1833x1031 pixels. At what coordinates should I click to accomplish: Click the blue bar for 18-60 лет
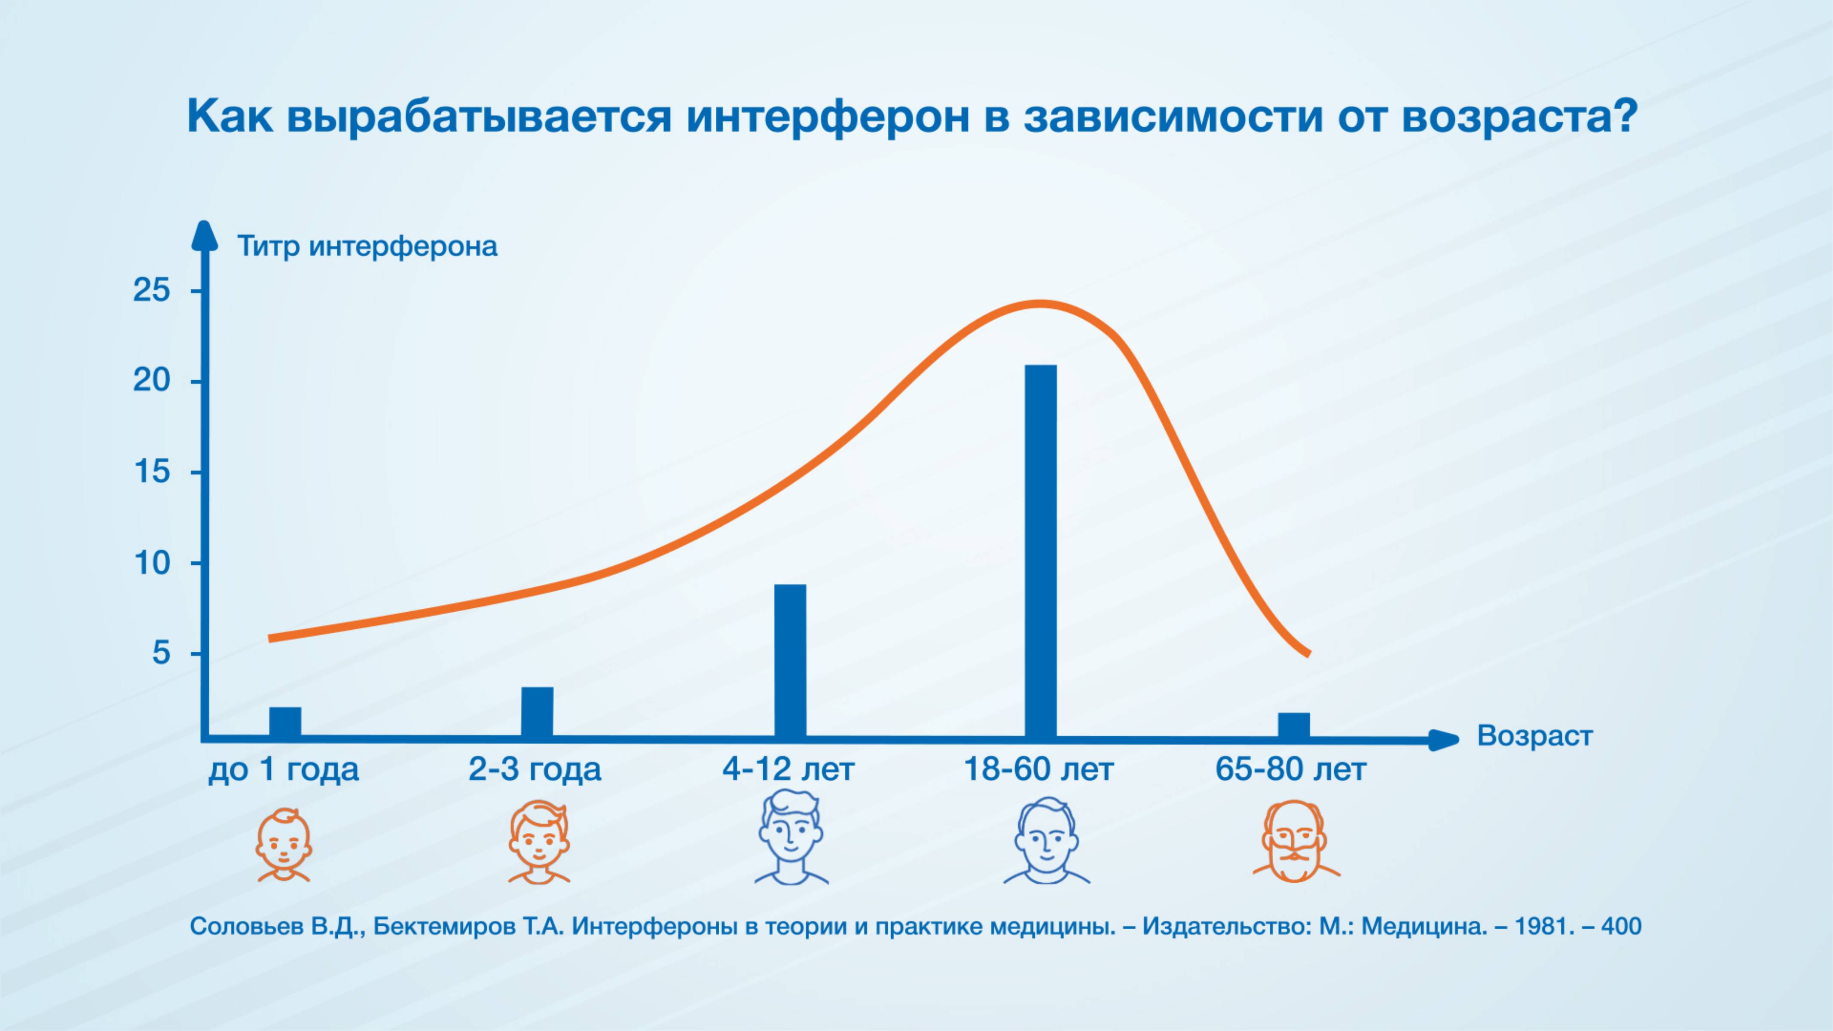point(1040,551)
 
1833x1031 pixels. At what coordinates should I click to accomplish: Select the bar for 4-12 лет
point(790,660)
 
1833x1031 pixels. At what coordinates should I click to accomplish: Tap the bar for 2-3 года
point(537,711)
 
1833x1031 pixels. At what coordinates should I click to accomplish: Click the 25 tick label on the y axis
point(152,290)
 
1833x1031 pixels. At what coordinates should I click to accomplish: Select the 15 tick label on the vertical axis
point(152,472)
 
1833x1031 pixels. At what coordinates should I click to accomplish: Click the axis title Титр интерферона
point(367,247)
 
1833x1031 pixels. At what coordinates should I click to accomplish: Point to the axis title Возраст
point(1535,736)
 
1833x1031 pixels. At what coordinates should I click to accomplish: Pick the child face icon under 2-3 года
point(539,844)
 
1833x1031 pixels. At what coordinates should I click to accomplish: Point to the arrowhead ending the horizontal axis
point(1445,740)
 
